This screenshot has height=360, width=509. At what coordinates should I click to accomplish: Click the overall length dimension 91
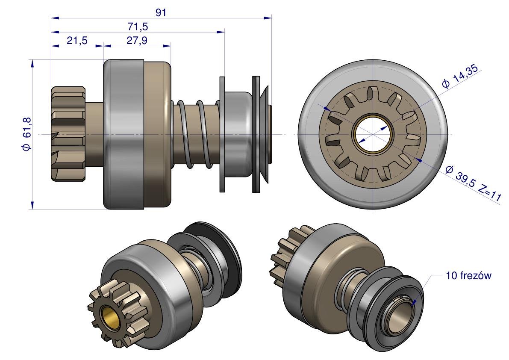click(161, 12)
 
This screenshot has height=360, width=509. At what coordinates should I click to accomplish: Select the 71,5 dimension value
click(138, 26)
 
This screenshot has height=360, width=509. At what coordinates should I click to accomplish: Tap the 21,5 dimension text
click(77, 41)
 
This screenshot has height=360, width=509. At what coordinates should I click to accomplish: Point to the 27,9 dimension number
click(137, 41)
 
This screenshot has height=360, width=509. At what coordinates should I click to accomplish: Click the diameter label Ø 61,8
click(26, 134)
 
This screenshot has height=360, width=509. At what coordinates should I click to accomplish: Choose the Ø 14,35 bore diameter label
click(460, 76)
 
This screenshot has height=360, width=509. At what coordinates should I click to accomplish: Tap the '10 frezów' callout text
click(469, 276)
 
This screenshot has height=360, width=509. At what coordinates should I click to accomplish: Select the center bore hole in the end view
click(373, 134)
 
